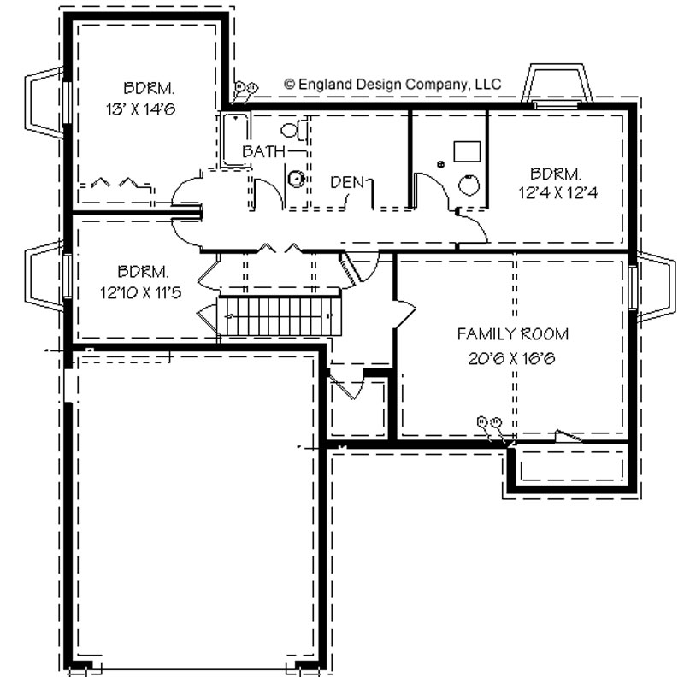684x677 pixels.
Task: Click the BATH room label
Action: tap(263, 151)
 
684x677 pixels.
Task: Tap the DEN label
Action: tap(347, 182)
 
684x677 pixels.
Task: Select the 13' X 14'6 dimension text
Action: tap(140, 109)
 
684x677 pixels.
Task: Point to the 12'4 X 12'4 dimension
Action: tap(558, 192)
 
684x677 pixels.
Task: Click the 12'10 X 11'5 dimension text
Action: tap(140, 292)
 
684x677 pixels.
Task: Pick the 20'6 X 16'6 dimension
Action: tap(511, 358)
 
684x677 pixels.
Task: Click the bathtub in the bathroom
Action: tap(235, 139)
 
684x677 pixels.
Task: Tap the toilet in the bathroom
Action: tap(294, 130)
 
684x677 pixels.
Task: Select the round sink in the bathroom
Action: tap(297, 179)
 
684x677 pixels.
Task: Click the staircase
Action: tap(280, 315)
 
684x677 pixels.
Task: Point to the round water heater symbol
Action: tap(469, 185)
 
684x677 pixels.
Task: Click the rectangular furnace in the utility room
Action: tap(467, 151)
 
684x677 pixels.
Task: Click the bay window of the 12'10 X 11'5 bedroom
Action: tap(45, 275)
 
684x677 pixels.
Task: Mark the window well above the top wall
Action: tap(557, 85)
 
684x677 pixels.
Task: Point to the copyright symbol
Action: tap(289, 84)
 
